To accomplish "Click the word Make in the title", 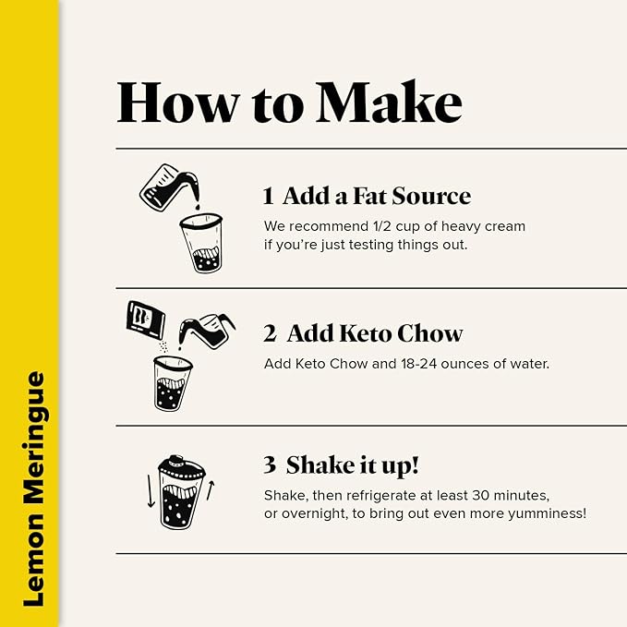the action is [390, 102].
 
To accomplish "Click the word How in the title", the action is [178, 102].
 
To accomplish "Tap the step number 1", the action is [269, 196].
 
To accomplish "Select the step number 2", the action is [270, 333].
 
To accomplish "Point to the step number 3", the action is [270, 464].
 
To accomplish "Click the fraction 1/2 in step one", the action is [382, 226].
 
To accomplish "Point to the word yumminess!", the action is [547, 513].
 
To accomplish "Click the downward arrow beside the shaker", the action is [151, 491].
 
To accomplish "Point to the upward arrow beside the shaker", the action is [211, 490].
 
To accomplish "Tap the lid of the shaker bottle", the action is [182, 466].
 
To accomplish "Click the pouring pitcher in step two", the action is [207, 332].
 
